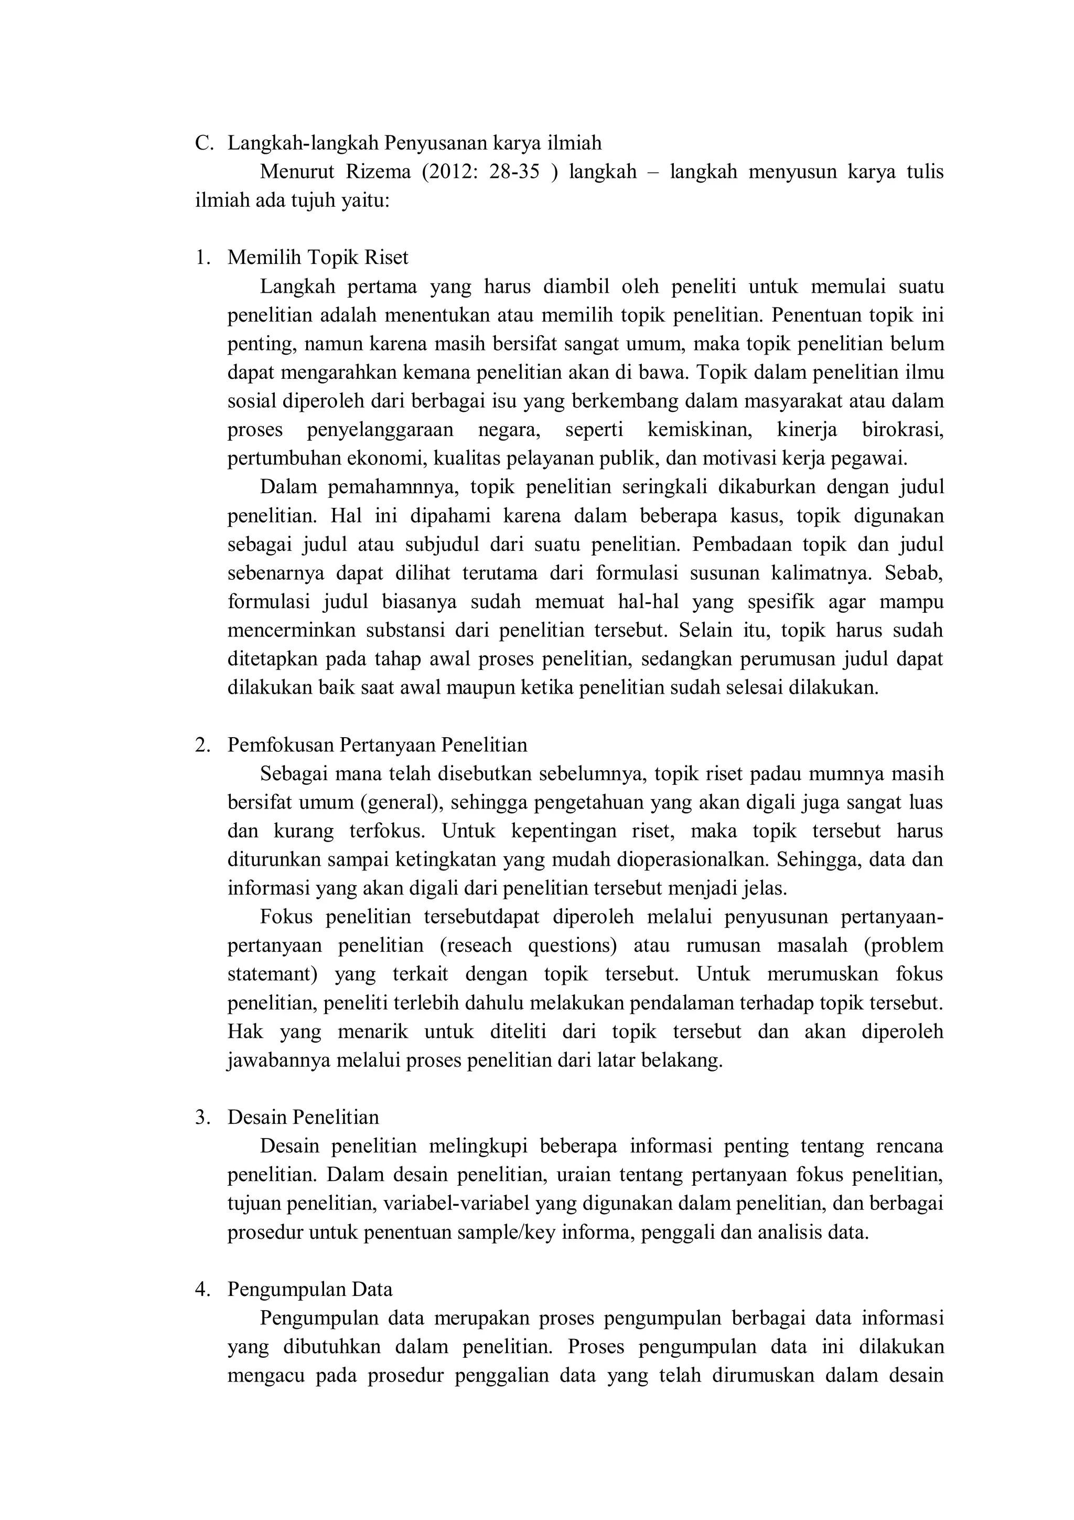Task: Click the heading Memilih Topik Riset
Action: point(318,258)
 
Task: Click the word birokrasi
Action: point(902,430)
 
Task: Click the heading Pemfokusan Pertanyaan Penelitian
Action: point(377,746)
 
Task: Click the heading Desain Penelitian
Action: point(303,1118)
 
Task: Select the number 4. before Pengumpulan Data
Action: point(202,1290)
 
